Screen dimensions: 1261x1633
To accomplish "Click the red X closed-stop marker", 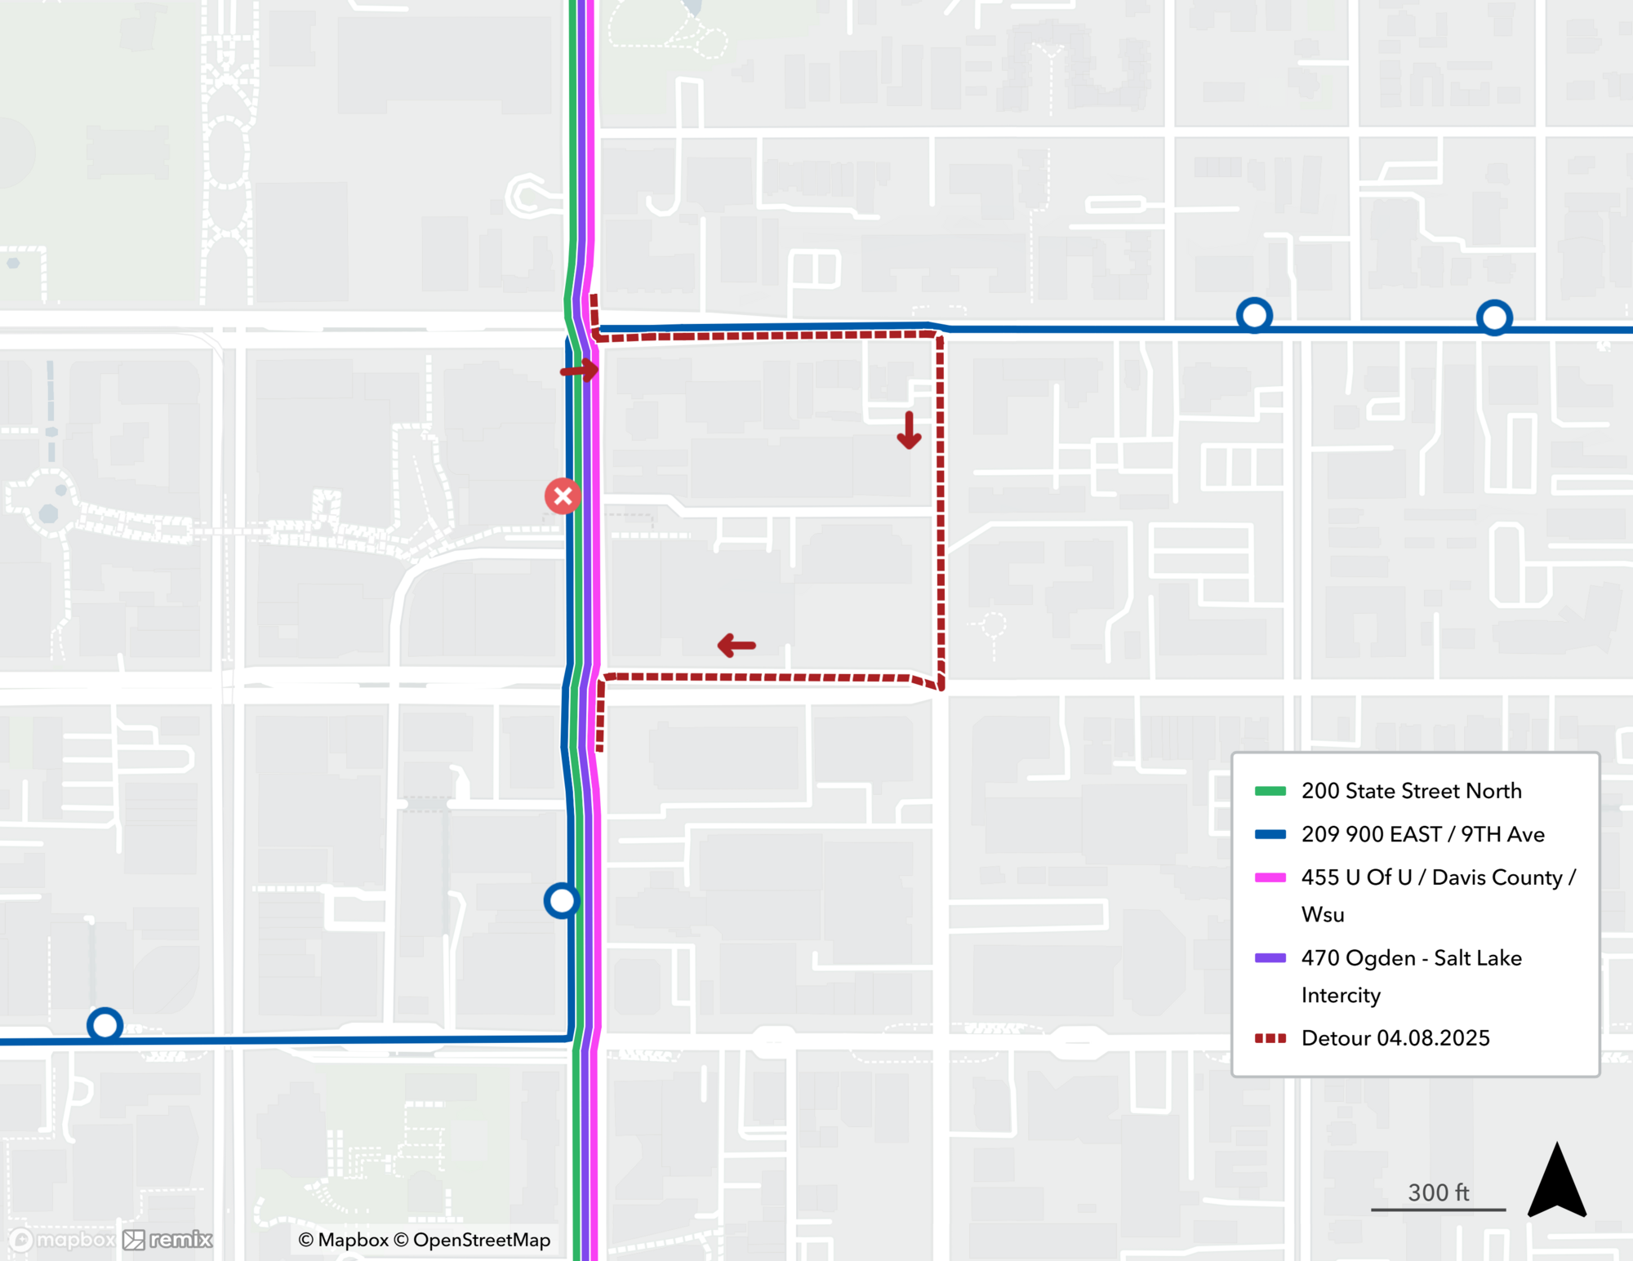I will pos(563,496).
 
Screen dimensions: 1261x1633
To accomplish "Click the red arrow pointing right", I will pos(580,371).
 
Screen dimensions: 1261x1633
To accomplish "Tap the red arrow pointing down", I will pos(909,430).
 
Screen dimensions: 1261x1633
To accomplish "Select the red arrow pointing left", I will pos(736,646).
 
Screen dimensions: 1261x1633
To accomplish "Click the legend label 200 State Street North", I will pos(1411,791).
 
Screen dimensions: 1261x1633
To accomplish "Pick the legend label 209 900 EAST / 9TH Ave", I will pos(1422,834).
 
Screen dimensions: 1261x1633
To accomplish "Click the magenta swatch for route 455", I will pos(1270,877).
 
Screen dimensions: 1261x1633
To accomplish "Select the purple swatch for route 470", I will pos(1270,958).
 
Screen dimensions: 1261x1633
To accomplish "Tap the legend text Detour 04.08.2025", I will pos(1395,1038).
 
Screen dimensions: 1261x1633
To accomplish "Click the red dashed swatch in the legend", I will pos(1270,1038).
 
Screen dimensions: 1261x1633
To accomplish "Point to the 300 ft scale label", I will pos(1438,1192).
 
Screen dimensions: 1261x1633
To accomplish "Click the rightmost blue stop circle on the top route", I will pos(1494,317).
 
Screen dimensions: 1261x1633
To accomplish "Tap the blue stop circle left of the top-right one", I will pos(1254,315).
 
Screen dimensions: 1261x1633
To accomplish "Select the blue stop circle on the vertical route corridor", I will pos(562,901).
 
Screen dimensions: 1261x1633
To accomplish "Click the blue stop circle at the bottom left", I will pos(105,1025).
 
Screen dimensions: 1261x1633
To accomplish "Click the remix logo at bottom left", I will pos(168,1240).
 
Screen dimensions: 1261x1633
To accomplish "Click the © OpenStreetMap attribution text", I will pos(472,1240).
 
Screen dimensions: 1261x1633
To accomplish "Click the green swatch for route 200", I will pos(1270,791).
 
